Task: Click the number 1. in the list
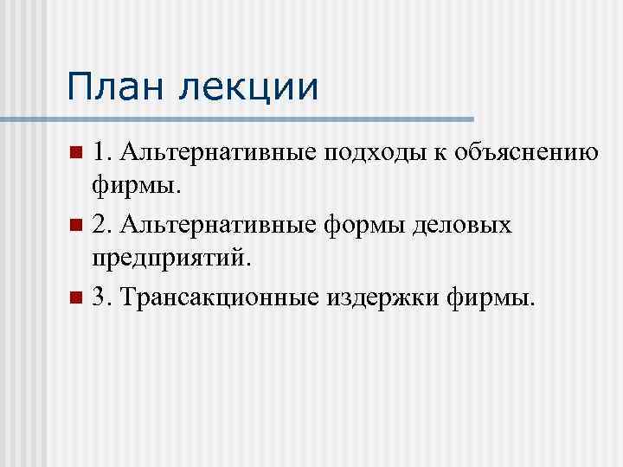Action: click(x=102, y=153)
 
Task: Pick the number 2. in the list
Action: click(x=102, y=226)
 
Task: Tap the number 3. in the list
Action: click(x=102, y=298)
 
